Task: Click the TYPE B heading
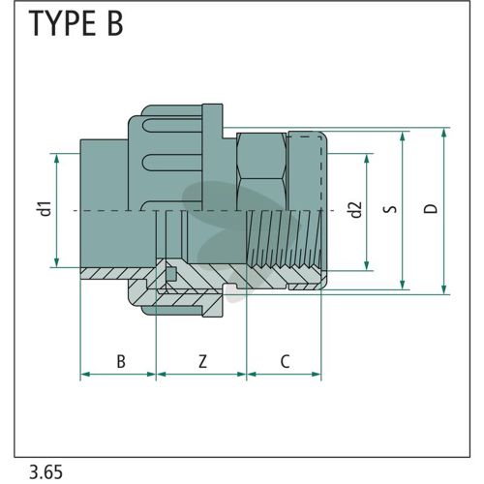76,23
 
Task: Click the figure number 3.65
45,472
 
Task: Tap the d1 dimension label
46,208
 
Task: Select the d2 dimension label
356,210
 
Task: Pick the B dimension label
121,361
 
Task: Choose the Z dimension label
202,361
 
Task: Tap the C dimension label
285,361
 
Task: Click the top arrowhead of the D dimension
444,132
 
